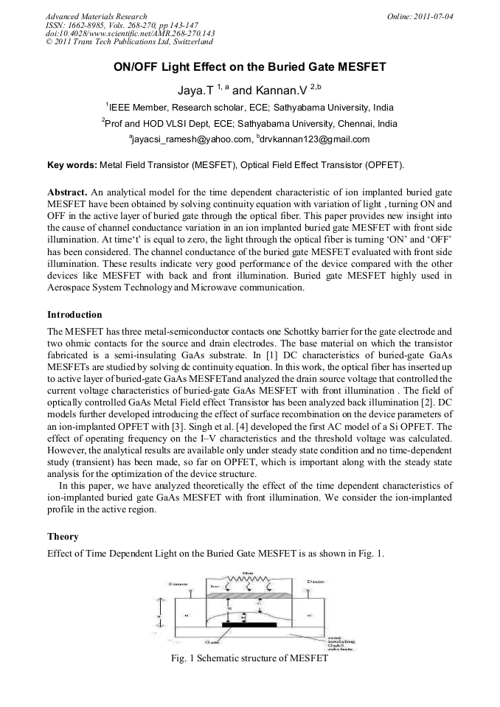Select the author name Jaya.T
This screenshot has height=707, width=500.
(195, 89)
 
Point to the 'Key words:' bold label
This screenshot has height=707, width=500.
(71, 164)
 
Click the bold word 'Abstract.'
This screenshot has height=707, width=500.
(66, 192)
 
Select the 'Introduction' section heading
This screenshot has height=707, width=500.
(74, 314)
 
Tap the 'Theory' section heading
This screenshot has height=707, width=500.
(63, 537)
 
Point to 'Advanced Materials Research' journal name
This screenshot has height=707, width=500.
(96, 16)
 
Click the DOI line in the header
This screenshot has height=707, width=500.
(131, 34)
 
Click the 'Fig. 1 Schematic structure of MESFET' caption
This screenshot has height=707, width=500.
(249, 658)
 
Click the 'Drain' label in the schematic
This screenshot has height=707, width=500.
(316, 582)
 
